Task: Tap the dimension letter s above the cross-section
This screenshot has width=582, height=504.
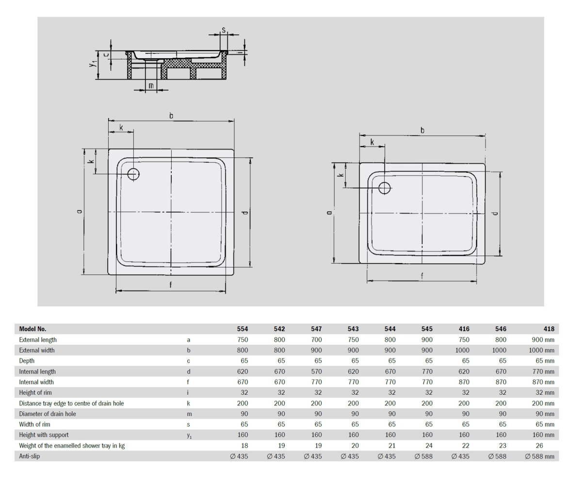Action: [x=224, y=30]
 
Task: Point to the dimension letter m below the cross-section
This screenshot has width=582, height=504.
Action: [x=151, y=85]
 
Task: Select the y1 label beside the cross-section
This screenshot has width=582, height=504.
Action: [x=93, y=64]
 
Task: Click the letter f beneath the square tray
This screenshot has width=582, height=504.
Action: [x=171, y=285]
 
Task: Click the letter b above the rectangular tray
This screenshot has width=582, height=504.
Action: [x=422, y=130]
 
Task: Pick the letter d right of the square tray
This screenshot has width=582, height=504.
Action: [x=245, y=212]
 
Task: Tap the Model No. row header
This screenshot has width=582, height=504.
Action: [x=32, y=329]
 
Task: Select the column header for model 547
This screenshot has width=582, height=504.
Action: [x=316, y=329]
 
